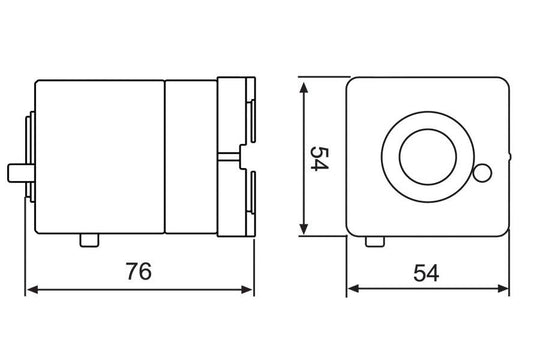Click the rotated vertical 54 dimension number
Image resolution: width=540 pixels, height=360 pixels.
319,158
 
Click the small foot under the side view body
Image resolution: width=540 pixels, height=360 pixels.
88,241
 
